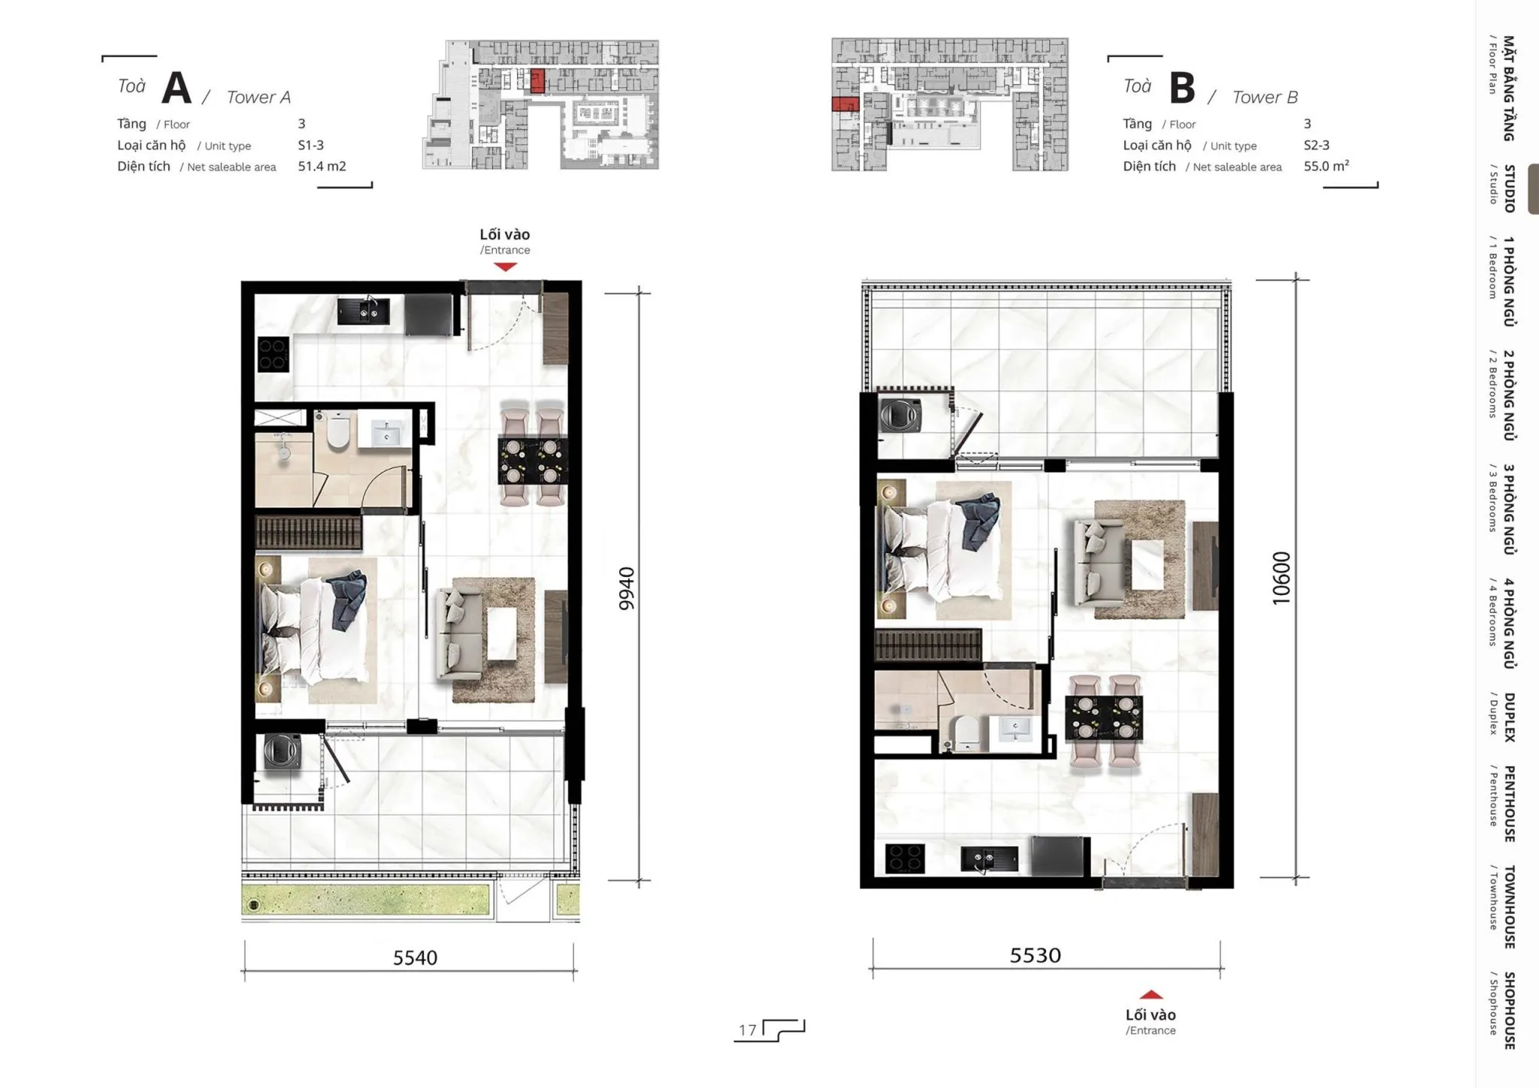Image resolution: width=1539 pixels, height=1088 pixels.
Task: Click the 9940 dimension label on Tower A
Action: coord(627,588)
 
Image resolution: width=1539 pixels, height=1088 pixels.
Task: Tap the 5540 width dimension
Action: coord(415,957)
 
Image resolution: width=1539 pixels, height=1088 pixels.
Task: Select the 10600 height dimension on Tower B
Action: coord(1281,579)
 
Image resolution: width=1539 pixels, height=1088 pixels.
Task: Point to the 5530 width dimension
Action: coord(1036,955)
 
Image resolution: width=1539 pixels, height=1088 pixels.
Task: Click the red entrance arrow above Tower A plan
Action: coord(506,266)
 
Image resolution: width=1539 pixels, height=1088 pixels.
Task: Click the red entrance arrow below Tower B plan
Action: coord(1151,995)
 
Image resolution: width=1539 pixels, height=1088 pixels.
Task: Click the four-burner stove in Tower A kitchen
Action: coord(274,355)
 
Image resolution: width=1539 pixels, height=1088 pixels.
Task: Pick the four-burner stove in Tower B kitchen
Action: coord(905,858)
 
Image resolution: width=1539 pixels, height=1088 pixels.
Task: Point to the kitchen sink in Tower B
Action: coord(990,858)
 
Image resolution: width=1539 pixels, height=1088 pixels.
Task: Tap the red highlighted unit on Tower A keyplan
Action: coord(537,80)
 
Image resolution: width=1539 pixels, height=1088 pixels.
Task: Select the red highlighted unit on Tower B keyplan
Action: coord(845,104)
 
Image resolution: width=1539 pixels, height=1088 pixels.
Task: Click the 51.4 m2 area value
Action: coord(322,166)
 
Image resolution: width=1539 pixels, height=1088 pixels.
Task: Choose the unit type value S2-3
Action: coord(1317,145)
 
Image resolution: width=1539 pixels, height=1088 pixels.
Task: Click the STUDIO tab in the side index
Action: coord(1509,189)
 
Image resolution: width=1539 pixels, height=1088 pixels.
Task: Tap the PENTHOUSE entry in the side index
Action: coord(1509,803)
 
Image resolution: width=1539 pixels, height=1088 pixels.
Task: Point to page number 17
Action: coord(747,1029)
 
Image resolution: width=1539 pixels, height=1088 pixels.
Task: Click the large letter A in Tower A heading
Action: coord(177,87)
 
